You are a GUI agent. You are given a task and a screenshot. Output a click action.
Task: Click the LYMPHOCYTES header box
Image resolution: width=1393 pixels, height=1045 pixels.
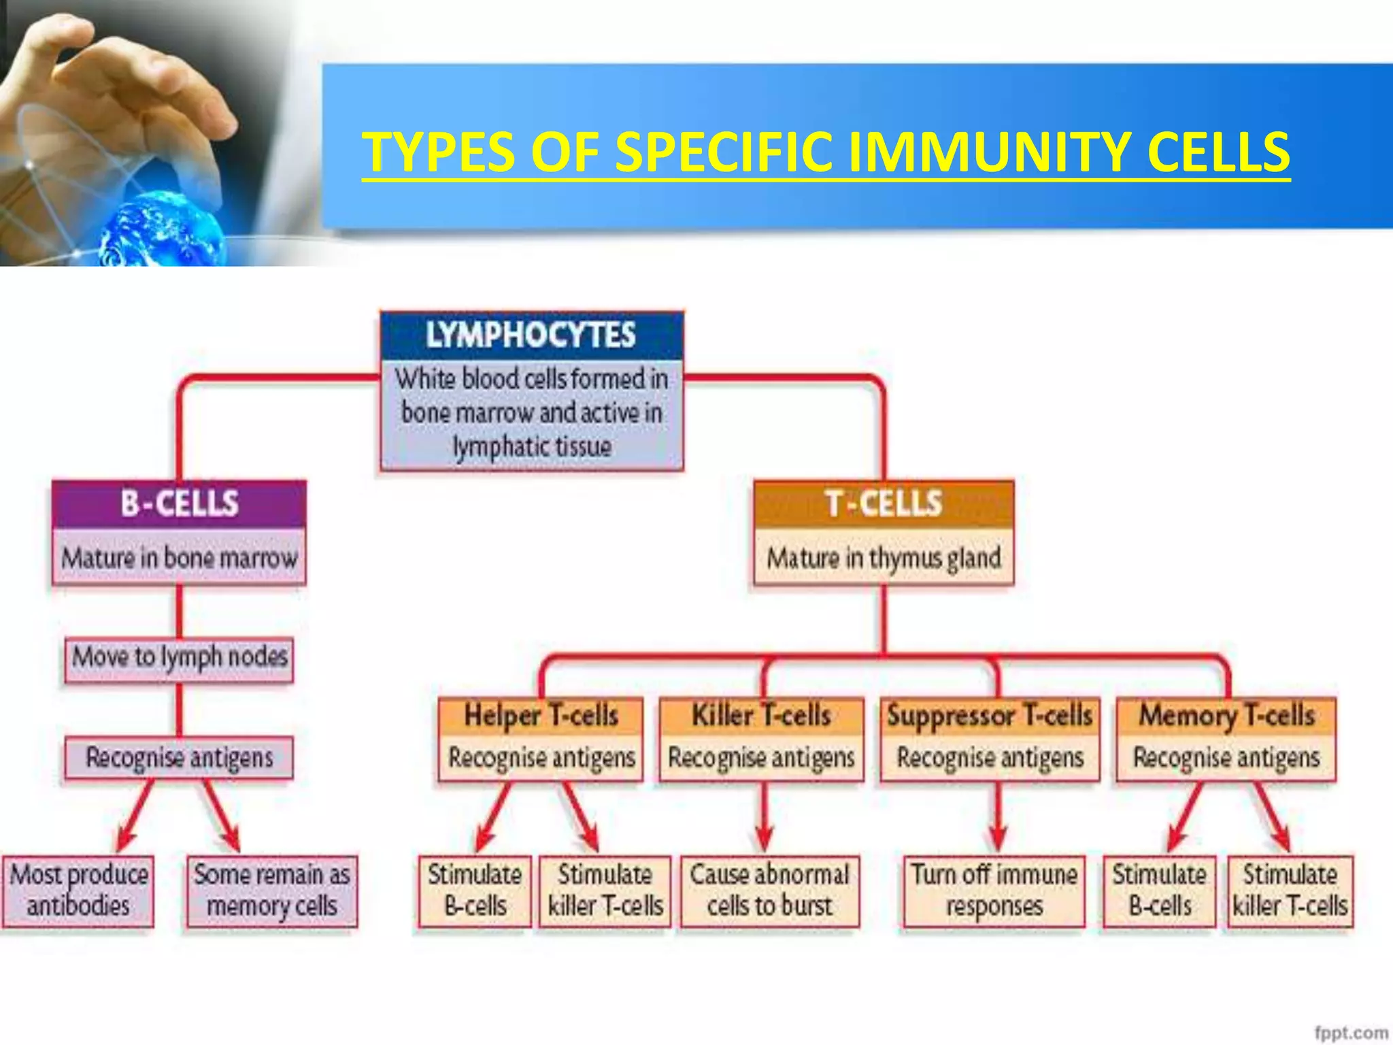[x=531, y=335]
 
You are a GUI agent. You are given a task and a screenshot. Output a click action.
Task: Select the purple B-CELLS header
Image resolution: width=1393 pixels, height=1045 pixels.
[x=180, y=504]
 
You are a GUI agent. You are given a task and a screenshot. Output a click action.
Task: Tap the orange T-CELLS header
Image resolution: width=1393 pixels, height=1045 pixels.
[x=884, y=504]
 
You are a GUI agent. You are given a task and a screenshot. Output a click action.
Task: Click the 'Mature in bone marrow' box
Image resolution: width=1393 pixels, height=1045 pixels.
[x=180, y=559]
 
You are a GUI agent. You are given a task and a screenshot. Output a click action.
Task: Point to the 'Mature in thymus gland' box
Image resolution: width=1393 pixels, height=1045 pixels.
[x=884, y=559]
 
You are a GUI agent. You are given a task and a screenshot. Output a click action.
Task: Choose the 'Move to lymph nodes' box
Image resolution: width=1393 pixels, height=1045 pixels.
[x=180, y=658]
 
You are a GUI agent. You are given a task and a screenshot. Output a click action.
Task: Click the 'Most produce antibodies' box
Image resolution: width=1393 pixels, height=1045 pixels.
[x=78, y=891]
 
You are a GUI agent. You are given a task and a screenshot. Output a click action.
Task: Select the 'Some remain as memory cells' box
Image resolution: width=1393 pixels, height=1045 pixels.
[x=272, y=891]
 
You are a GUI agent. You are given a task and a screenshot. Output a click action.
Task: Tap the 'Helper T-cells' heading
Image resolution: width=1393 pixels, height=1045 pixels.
[x=541, y=716]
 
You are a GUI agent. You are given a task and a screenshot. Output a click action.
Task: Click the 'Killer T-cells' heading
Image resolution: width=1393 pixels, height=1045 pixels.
[x=761, y=716]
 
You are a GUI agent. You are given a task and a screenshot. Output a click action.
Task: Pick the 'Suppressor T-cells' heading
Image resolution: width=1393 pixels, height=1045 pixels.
[x=990, y=716]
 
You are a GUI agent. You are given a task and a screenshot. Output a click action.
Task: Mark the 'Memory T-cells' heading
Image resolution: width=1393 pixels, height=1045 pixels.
[x=1226, y=716]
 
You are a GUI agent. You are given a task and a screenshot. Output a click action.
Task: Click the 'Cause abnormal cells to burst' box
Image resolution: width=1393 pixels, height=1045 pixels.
[x=769, y=891]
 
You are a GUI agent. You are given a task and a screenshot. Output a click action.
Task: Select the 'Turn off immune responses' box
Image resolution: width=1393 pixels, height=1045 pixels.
[x=994, y=891]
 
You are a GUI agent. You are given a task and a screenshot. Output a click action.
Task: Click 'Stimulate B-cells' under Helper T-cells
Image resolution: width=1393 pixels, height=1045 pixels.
[x=475, y=891]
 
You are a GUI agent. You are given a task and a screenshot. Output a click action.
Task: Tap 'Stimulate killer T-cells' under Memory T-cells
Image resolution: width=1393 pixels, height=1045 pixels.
[x=1290, y=891]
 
